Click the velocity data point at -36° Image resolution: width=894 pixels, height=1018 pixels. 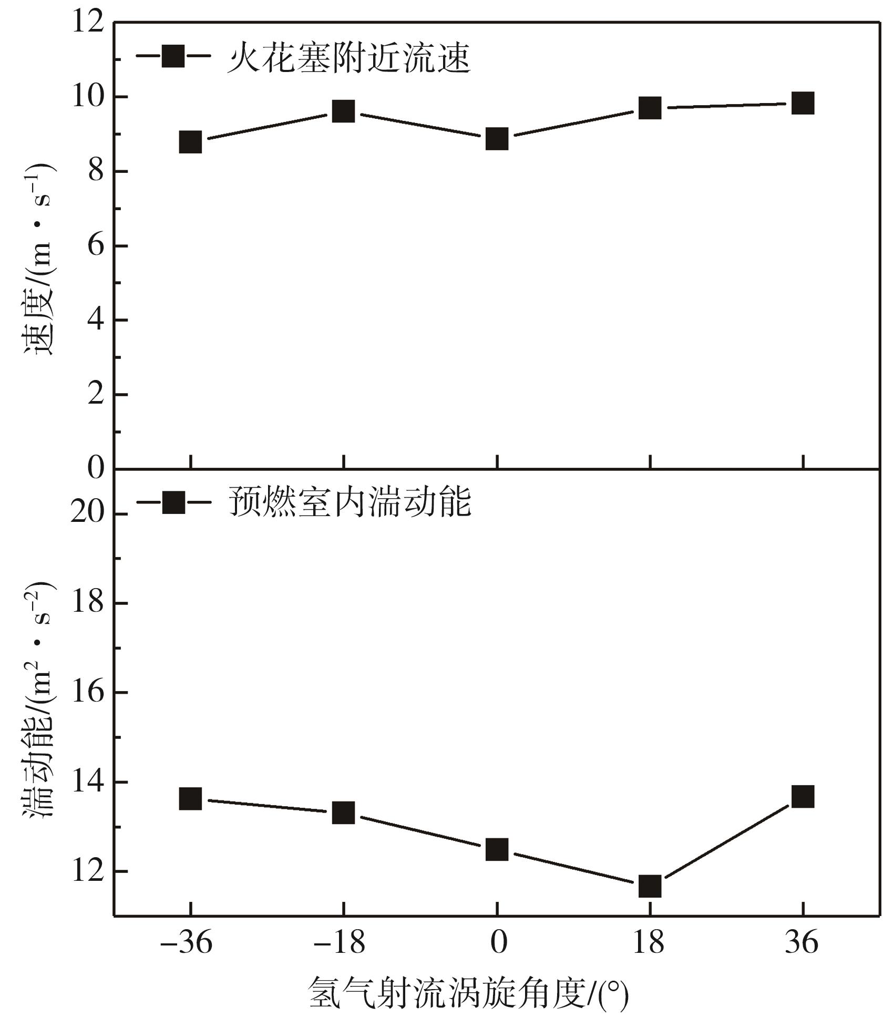point(190,142)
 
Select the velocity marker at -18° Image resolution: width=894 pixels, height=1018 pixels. point(343,111)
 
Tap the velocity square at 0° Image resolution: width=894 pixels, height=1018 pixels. point(497,139)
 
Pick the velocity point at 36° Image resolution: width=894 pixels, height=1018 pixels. point(803,103)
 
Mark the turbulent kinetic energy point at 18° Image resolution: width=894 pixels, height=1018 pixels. point(650,886)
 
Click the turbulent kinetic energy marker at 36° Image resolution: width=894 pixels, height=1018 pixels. point(803,797)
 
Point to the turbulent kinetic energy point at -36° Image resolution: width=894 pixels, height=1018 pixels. point(190,799)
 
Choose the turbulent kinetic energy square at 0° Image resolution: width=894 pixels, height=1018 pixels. point(497,849)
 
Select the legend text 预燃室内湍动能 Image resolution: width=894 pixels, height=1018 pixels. point(350,502)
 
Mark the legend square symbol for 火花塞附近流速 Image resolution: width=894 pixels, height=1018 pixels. point(173,56)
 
